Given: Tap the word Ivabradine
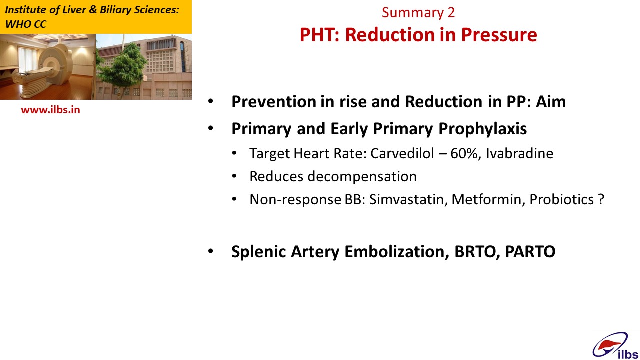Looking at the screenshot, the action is pos(519,153).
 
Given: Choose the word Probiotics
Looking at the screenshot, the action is pos(562,199).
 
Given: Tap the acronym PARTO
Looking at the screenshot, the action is pos(530,251).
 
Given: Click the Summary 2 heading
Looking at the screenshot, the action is pos(418,12).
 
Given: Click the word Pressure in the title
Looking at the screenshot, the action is pos(499,35).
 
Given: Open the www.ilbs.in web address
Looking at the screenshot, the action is pos(51,110).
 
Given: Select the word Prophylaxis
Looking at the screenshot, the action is pos(483,129).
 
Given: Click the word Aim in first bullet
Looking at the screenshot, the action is pos(551,101).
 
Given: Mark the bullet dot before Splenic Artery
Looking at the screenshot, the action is pos(211,251).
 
